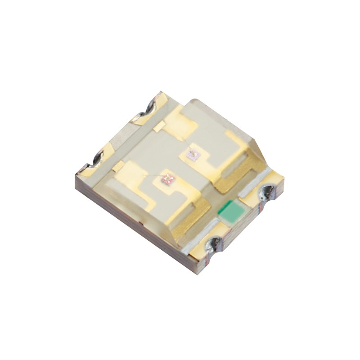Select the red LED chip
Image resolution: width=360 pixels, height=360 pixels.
click(168, 180)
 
